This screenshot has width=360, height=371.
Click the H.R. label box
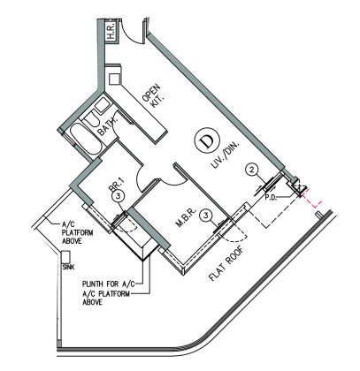pyautogui.click(x=111, y=32)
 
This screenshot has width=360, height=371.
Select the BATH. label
pyautogui.click(x=107, y=127)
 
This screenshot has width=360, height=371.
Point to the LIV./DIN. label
pyautogui.click(x=226, y=156)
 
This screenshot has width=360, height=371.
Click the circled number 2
pyautogui.click(x=251, y=170)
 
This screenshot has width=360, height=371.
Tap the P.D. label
pyautogui.click(x=271, y=197)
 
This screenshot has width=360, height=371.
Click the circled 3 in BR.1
pyautogui.click(x=118, y=197)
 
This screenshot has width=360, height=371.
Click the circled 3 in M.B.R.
pyautogui.click(x=206, y=216)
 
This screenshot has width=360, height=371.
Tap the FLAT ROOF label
pyautogui.click(x=226, y=264)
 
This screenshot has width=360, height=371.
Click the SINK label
pyautogui.click(x=68, y=268)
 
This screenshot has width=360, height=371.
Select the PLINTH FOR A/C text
pyautogui.click(x=109, y=284)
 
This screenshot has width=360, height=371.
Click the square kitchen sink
pyautogui.click(x=114, y=79)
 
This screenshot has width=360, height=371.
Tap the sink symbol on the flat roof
pyautogui.click(x=65, y=257)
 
